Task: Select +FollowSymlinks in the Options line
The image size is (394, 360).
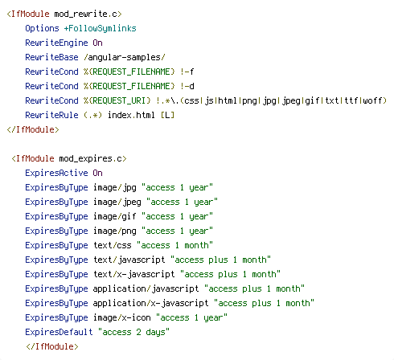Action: [x=100, y=28]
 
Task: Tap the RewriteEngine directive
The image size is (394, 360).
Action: [x=56, y=43]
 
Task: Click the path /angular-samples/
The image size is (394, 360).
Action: [x=125, y=57]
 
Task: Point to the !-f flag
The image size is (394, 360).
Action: [x=187, y=72]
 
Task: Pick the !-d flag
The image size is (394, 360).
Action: [x=187, y=86]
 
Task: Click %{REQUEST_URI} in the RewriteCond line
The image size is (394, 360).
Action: [x=117, y=100]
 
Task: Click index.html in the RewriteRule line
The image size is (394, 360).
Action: [x=131, y=115]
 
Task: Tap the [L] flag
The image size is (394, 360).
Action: [x=167, y=115]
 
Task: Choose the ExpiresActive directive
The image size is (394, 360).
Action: [x=56, y=173]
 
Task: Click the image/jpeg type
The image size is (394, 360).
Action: [x=117, y=202]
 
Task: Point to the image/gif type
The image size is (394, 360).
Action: [x=115, y=216]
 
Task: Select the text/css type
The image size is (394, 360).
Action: [x=113, y=245]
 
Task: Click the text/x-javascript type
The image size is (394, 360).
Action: [x=134, y=274]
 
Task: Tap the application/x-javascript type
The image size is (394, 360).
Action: [x=150, y=303]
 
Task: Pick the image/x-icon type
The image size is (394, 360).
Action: [x=122, y=317]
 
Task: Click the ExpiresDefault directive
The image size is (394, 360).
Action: [x=59, y=332]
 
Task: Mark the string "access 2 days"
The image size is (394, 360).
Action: [x=133, y=332]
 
